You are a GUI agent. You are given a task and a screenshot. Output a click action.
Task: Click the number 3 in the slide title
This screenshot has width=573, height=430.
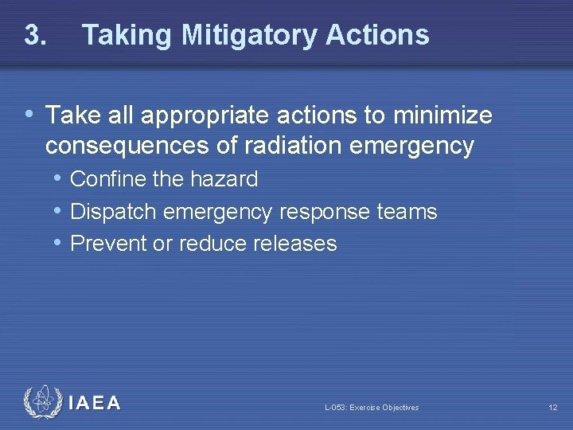(x=33, y=35)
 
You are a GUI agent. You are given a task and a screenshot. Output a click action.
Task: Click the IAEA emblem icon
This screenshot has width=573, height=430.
(x=41, y=403)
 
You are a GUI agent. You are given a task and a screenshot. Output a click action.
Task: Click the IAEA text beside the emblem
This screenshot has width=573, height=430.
(x=94, y=403)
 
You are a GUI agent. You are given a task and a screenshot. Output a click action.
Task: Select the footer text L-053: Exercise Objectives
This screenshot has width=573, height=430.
(x=372, y=408)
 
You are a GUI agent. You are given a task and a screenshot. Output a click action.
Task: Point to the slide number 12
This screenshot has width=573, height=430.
(x=552, y=408)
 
